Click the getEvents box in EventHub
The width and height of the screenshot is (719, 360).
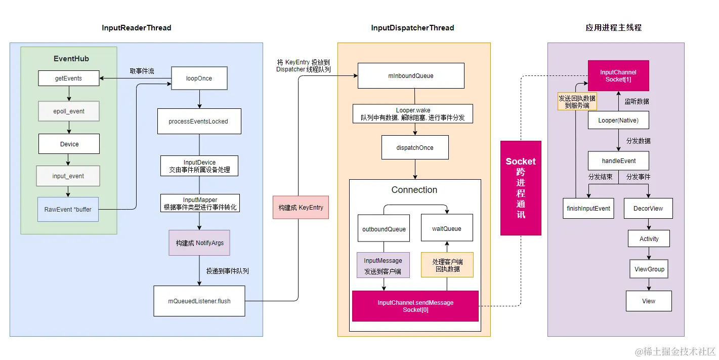[69, 78]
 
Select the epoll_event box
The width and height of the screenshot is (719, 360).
[69, 111]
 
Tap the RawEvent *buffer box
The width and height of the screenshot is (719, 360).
[68, 209]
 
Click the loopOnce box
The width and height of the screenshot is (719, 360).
[199, 78]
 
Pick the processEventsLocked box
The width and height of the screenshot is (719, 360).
[198, 122]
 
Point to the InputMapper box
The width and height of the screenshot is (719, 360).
[199, 204]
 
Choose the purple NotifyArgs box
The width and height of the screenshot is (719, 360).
[199, 243]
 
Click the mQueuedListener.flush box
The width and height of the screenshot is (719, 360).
[199, 301]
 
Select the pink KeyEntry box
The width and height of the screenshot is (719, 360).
[301, 208]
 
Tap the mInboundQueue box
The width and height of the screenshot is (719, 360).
[411, 75]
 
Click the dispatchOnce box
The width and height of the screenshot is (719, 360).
[414, 148]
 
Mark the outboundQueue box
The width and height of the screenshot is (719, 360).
[384, 229]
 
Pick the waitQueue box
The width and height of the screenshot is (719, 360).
[447, 229]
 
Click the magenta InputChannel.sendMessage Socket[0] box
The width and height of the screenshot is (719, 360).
[415, 306]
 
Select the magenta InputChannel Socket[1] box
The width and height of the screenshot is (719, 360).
[618, 76]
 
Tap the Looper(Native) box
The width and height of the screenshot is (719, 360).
[618, 121]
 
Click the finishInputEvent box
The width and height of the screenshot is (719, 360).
[588, 208]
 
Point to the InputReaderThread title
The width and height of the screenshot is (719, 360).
[137, 28]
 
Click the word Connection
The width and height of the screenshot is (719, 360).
[414, 190]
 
